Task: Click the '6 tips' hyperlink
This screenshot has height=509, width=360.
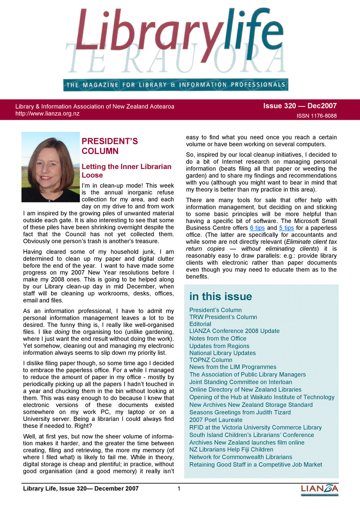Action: (257, 228)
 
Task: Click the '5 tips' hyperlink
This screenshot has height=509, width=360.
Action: (286, 228)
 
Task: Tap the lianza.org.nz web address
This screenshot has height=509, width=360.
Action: (48, 114)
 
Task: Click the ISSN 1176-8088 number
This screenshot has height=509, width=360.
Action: (316, 116)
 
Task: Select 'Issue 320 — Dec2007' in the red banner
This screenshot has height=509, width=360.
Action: (300, 106)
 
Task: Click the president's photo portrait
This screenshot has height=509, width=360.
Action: (50, 167)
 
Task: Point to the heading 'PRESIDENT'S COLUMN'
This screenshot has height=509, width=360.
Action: (109, 146)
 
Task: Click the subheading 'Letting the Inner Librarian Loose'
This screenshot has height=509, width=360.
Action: (126, 171)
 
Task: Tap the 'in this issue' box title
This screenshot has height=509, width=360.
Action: (221, 296)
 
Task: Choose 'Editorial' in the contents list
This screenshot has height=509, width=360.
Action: (200, 324)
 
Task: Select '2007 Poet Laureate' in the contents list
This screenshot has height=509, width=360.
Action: (216, 420)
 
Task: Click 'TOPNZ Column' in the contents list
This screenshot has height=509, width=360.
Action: (211, 360)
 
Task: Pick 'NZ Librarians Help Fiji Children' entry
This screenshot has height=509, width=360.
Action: (231, 449)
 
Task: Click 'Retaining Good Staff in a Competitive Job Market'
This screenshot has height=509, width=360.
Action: (256, 464)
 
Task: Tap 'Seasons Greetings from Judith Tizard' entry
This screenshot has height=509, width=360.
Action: (240, 412)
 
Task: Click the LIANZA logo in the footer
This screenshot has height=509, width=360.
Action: (319, 490)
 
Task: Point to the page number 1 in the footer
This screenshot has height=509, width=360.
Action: (179, 488)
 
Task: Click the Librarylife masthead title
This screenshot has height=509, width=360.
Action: (179, 32)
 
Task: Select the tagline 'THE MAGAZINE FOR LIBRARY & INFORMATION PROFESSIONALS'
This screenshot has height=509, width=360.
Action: (176, 85)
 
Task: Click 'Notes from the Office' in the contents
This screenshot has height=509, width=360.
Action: (218, 338)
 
